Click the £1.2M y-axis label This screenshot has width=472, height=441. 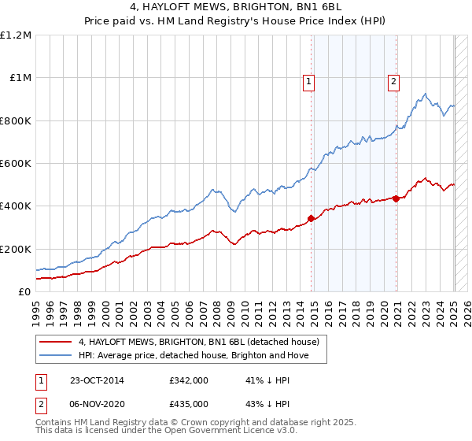point(16,35)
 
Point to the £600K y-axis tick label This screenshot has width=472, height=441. point(16,164)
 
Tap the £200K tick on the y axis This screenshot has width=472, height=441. point(16,249)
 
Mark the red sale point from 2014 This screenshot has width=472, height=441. point(312,218)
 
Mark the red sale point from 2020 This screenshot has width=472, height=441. point(396,198)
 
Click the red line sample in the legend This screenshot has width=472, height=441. point(56,343)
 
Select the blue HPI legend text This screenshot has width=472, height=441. point(194,355)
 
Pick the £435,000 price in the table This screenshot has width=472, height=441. point(189,403)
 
